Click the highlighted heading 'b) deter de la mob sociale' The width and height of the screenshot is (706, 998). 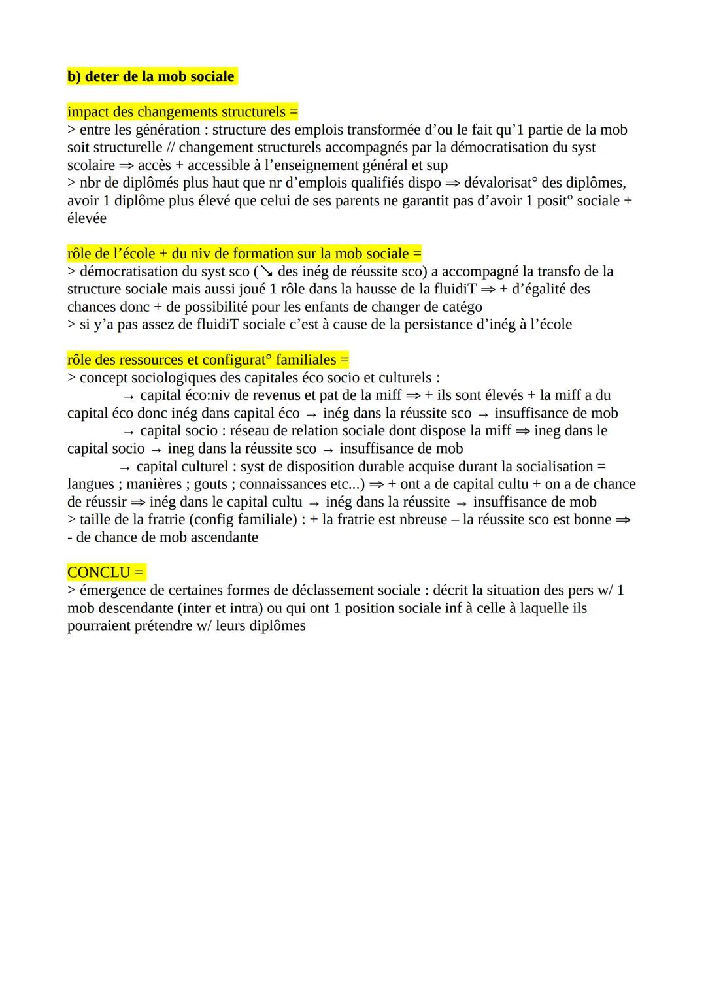click(x=151, y=76)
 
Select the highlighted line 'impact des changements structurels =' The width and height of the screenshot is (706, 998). click(x=182, y=112)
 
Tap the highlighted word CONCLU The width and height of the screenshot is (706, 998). click(x=99, y=573)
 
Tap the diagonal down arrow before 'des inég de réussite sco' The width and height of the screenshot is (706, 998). click(x=265, y=271)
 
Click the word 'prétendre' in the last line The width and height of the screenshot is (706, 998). click(x=159, y=625)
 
